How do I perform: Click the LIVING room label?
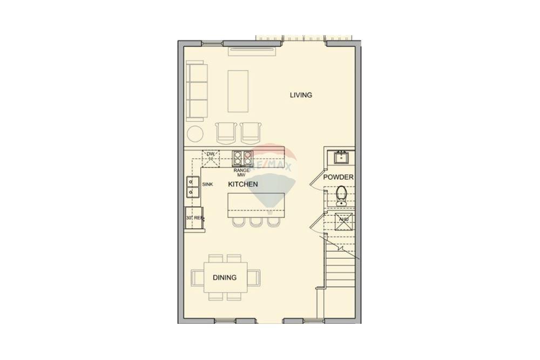coord(301,95)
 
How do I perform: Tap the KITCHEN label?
coord(242,184)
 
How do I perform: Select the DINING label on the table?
coord(224,277)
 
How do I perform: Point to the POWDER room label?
coord(339,177)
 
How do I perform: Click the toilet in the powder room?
coord(341,194)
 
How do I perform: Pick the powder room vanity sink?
coord(341,157)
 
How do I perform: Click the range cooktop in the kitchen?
coord(242,158)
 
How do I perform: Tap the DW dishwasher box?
coord(211,158)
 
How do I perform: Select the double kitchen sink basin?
coord(192,187)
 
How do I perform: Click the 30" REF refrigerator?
coord(193,218)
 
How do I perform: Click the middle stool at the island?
coord(255,221)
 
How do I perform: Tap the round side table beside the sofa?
coord(195,133)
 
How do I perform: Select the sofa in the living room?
coord(197,91)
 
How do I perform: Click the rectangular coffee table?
coord(238,91)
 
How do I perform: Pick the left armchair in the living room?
coord(226,132)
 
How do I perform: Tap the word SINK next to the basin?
coord(207,184)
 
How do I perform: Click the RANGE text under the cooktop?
coord(241,170)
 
